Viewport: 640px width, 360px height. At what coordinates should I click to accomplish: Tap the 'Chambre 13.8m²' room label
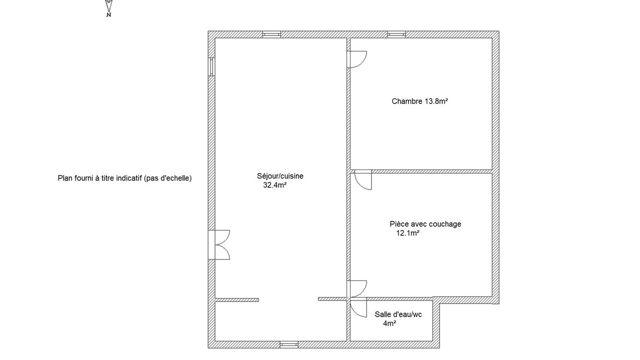coord(419,101)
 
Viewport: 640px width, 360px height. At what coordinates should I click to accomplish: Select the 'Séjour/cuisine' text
coord(280,176)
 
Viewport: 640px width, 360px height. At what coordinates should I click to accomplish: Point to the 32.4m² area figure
coord(275,185)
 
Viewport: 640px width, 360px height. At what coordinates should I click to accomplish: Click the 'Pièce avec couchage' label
coord(425,224)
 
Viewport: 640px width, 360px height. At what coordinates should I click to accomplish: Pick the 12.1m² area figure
coord(407,233)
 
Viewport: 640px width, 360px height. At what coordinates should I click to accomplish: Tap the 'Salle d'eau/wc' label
coord(398,314)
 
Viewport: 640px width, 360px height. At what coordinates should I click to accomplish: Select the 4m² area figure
coord(389,323)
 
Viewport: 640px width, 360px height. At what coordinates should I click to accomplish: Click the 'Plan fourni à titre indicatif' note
coord(124,178)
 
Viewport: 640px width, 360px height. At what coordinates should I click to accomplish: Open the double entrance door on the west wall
coord(219,245)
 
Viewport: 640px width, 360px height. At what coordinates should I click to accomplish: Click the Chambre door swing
coord(357,59)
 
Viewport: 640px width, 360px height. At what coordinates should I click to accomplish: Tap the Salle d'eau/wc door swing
coord(358,307)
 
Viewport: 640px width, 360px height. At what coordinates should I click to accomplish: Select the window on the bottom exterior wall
coord(289,344)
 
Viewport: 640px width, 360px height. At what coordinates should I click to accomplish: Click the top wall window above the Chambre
coord(396,34)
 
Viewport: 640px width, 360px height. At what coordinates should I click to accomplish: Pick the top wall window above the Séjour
coord(271,34)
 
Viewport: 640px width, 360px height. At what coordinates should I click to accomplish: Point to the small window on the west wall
coord(211,67)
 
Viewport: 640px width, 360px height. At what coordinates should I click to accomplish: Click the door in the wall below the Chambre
coord(363,179)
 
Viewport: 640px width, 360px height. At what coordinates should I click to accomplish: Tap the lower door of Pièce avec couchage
coord(357,289)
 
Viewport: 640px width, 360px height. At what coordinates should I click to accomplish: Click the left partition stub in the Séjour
coord(237,300)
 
